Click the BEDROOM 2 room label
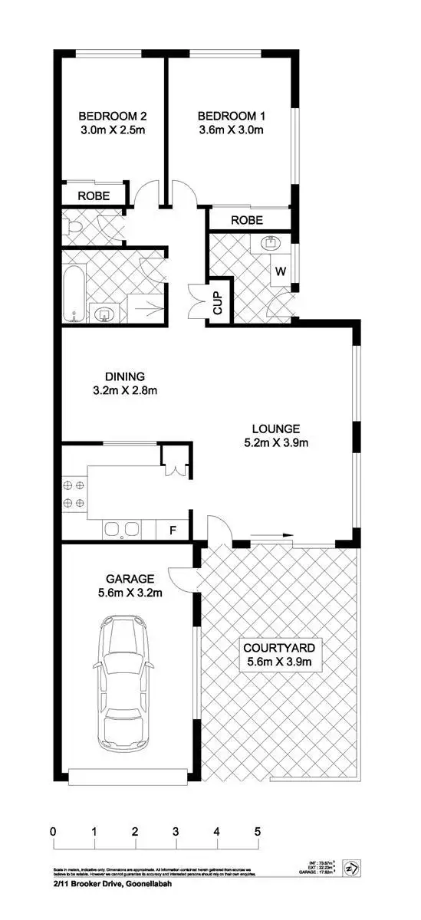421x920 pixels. pos(112,117)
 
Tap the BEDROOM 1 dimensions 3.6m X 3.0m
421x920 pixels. pos(231,130)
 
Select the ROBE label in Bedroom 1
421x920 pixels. pos(247,220)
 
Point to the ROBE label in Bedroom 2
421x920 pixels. pos(94,196)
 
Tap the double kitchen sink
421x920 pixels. pos(122,530)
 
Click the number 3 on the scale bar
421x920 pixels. pos(176,831)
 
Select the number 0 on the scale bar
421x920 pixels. pos(53,831)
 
